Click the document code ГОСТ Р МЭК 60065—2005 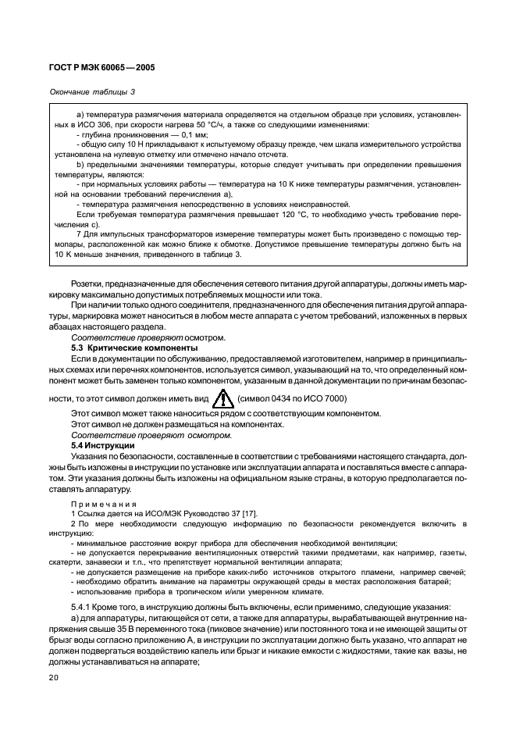click(x=104, y=68)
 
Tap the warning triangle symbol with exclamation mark click(x=224, y=399)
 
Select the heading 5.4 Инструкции click(x=101, y=444)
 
